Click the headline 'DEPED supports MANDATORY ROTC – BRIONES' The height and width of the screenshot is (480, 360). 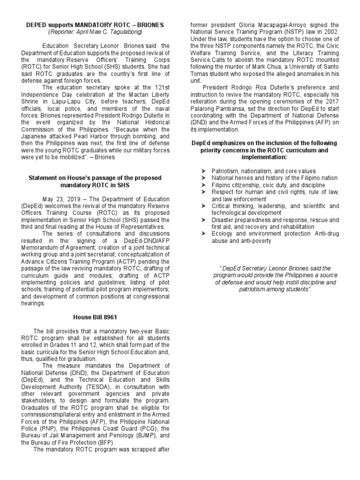click(x=95, y=24)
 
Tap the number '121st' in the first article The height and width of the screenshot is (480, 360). click(x=155, y=87)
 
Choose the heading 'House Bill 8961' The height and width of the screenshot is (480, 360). click(x=95, y=317)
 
